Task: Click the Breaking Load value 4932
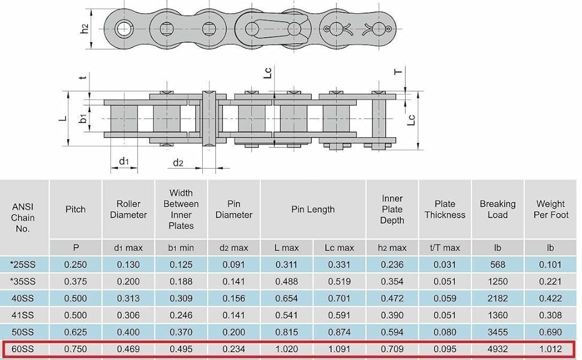pyautogui.click(x=497, y=349)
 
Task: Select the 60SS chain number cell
pyautogui.click(x=23, y=349)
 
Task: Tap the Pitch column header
pyautogui.click(x=76, y=209)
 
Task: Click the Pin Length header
pyautogui.click(x=313, y=209)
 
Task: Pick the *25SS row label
pyautogui.click(x=23, y=265)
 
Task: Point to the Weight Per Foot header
pyautogui.click(x=551, y=209)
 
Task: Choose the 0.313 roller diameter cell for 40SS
pyautogui.click(x=128, y=298)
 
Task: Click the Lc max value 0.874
pyautogui.click(x=339, y=332)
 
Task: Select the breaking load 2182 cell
pyautogui.click(x=497, y=298)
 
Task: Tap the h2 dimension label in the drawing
pyautogui.click(x=85, y=29)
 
